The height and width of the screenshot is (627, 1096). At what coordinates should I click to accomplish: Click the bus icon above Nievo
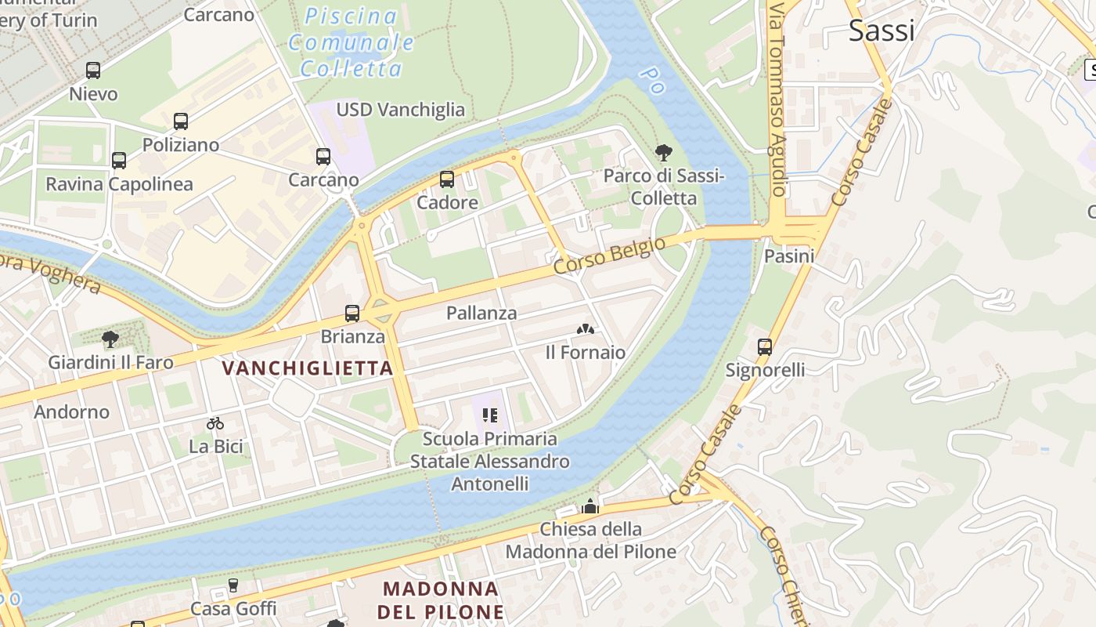(x=93, y=71)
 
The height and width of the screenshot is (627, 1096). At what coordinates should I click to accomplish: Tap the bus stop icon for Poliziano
(x=181, y=121)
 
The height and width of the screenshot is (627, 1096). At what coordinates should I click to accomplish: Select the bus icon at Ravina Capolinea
(x=119, y=161)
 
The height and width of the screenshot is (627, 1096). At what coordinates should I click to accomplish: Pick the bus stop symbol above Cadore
(x=447, y=179)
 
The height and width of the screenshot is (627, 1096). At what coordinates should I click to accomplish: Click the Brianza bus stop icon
(x=352, y=313)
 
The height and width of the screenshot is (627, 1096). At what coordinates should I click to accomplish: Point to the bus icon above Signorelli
(x=765, y=346)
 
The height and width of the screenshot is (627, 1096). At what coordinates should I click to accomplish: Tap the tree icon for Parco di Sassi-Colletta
(x=664, y=152)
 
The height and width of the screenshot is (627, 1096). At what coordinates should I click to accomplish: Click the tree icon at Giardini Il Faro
(x=110, y=339)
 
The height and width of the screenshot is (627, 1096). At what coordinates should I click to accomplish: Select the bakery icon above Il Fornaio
(x=585, y=329)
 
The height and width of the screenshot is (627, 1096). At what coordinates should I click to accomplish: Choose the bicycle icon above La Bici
(x=215, y=423)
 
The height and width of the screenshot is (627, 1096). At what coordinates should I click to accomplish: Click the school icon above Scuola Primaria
(x=490, y=415)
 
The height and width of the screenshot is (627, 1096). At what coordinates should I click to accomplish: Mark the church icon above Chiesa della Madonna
(x=590, y=506)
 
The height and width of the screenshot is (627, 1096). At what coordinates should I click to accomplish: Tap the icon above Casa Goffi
(x=233, y=585)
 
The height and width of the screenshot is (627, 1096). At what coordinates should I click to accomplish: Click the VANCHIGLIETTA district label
(x=308, y=368)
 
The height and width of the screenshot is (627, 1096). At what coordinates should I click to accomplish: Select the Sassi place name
(x=881, y=31)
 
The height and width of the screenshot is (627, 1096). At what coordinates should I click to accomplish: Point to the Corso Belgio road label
(x=609, y=256)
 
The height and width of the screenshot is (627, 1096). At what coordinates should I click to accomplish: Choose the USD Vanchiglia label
(x=400, y=110)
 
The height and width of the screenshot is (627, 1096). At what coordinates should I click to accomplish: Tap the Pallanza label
(x=481, y=313)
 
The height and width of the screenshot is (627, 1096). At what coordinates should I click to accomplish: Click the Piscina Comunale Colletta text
(x=352, y=42)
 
